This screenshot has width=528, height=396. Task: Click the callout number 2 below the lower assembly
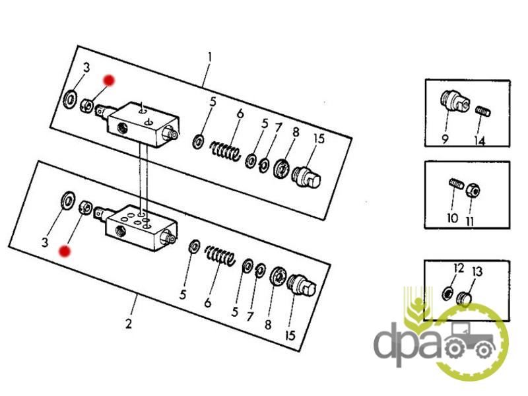pyautogui.click(x=129, y=323)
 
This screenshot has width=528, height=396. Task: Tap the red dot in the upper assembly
pyautogui.click(x=109, y=81)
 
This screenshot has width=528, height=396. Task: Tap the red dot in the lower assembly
pyautogui.click(x=64, y=251)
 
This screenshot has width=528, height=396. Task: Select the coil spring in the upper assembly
pyautogui.click(x=225, y=151)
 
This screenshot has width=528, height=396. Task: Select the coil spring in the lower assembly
pyautogui.click(x=220, y=255)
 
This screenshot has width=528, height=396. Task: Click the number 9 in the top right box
pyautogui.click(x=445, y=139)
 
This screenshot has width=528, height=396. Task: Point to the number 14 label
pyautogui.click(x=480, y=141)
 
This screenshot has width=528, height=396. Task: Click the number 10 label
pyautogui.click(x=452, y=218)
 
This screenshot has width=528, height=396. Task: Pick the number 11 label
pyautogui.click(x=470, y=221)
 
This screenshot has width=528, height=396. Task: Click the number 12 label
pyautogui.click(x=459, y=268)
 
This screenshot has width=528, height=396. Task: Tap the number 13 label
pyautogui.click(x=477, y=271)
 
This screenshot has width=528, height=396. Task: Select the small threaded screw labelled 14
pyautogui.click(x=483, y=111)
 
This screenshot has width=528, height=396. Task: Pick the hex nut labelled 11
pyautogui.click(x=473, y=190)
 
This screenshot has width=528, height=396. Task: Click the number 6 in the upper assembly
pyautogui.click(x=240, y=114)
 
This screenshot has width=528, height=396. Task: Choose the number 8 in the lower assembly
pyautogui.click(x=268, y=325)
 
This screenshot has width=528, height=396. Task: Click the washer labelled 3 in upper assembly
pyautogui.click(x=70, y=100)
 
